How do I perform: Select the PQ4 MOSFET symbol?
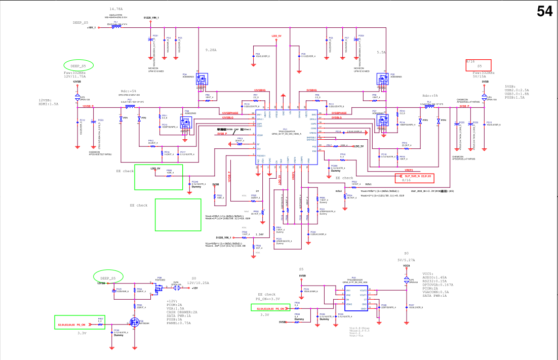202,79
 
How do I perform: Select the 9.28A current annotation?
211,51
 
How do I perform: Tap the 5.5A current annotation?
381,52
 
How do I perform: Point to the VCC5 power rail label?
406,266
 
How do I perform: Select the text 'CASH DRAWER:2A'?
182,312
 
